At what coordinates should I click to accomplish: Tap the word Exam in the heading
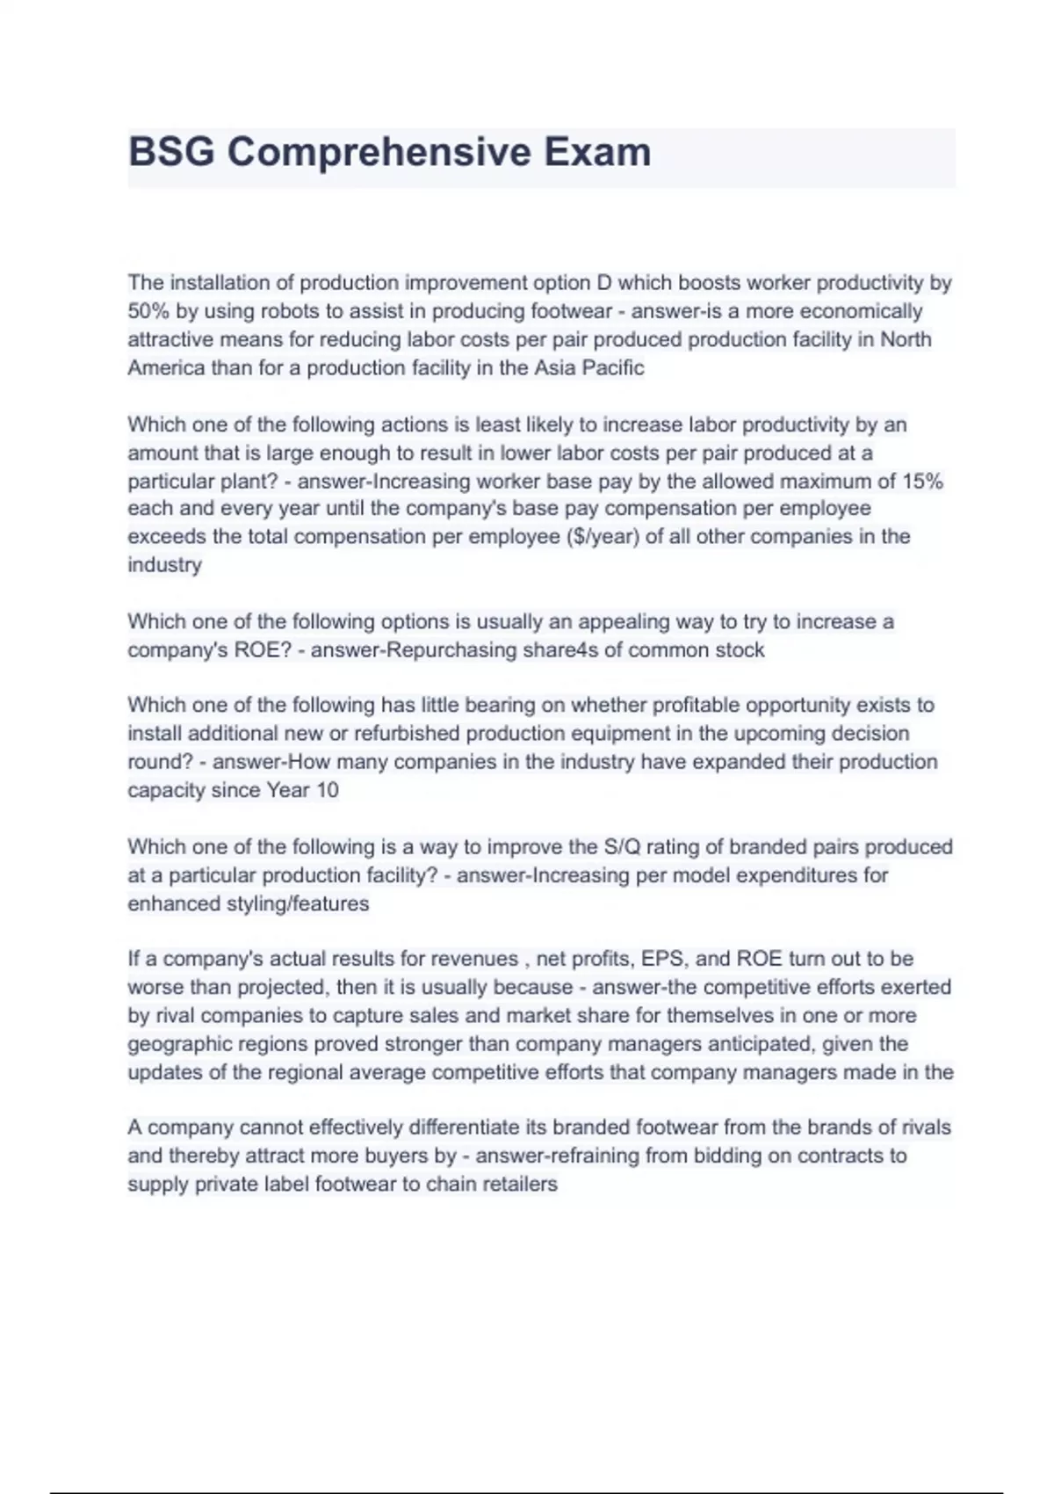click(x=596, y=152)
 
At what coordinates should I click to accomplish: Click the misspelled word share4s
click(x=558, y=650)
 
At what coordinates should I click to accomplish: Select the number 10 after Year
click(x=327, y=790)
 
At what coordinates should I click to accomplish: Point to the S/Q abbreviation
click(x=623, y=847)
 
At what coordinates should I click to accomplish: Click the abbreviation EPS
click(x=663, y=959)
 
